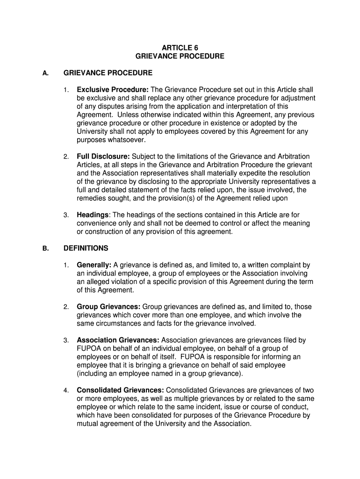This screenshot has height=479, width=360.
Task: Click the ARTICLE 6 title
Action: (180, 48)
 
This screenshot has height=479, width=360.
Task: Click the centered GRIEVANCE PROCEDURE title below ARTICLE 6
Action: (180, 56)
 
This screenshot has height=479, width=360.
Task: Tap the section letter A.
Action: (45, 73)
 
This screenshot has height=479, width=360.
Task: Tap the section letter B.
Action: (45, 248)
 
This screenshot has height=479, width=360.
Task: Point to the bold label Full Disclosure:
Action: (103, 156)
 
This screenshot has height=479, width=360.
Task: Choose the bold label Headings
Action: (93, 215)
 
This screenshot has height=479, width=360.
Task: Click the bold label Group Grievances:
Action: (108, 307)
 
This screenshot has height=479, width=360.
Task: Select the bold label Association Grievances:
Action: (118, 340)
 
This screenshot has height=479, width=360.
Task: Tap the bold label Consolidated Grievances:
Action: (120, 390)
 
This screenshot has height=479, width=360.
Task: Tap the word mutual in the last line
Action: (88, 424)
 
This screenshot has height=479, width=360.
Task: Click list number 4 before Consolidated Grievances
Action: (67, 391)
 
